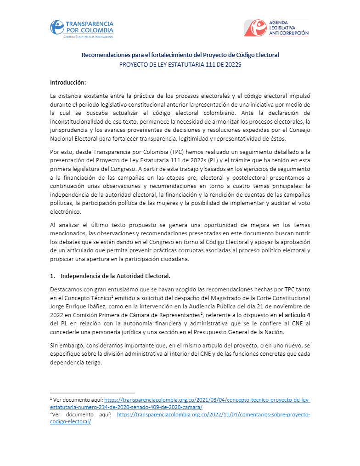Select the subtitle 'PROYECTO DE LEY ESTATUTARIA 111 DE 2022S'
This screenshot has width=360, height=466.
(x=180, y=65)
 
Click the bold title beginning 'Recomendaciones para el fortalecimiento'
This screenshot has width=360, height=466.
(x=180, y=55)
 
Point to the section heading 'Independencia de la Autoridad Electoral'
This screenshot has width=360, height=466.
(x=115, y=276)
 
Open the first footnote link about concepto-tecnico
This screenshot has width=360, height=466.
(x=207, y=400)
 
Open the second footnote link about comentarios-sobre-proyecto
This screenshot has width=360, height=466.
(x=214, y=415)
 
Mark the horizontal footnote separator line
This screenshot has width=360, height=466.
(x=92, y=393)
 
